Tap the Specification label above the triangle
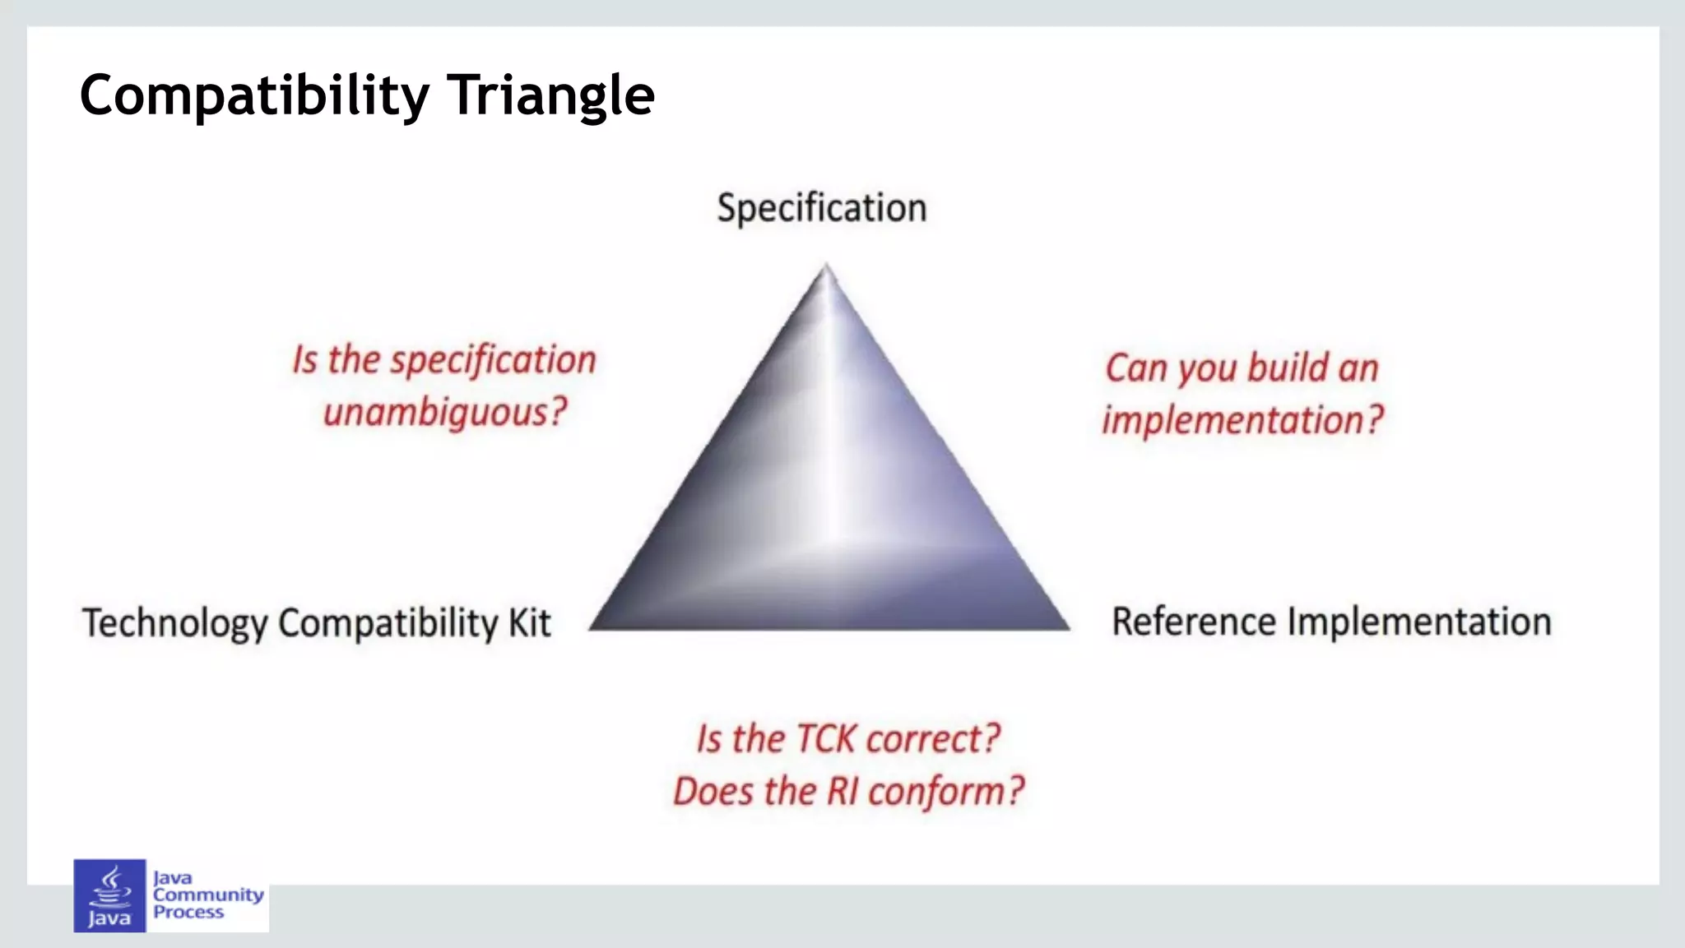point(821,207)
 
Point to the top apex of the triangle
point(826,267)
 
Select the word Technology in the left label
point(174,623)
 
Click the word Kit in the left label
point(529,622)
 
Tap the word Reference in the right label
point(1193,622)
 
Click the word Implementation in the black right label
point(1418,622)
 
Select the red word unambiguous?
point(445,412)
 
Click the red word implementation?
point(1243,420)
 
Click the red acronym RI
point(842,791)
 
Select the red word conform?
point(946,791)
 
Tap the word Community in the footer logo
point(208,895)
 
